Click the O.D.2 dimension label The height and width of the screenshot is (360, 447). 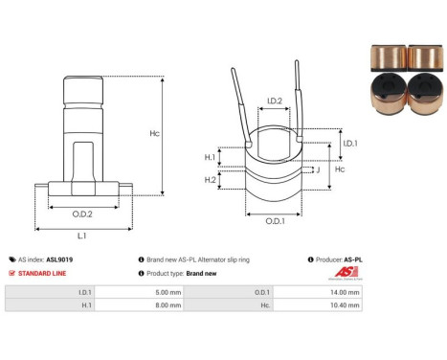pyautogui.click(x=82, y=214)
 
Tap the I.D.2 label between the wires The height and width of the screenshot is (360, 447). pyautogui.click(x=274, y=101)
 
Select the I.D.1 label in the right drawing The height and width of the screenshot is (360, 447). pyautogui.click(x=350, y=143)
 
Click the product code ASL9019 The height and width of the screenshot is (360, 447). pyautogui.click(x=60, y=259)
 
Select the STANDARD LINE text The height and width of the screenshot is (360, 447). pyautogui.click(x=43, y=273)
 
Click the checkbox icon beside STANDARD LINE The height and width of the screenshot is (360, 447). pyautogui.click(x=11, y=273)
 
